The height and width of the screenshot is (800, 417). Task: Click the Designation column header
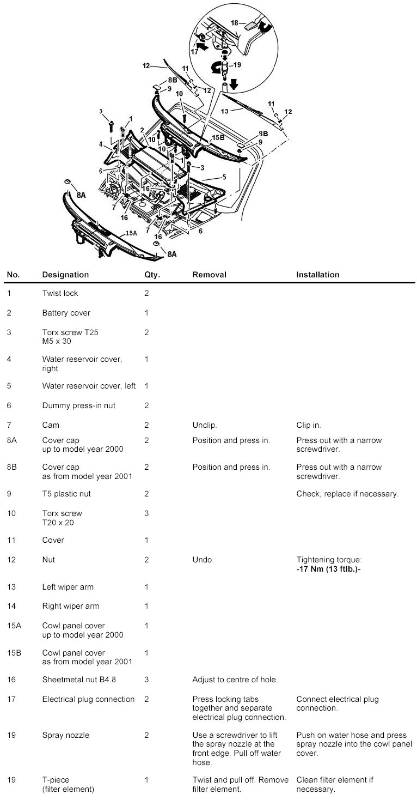tap(65, 275)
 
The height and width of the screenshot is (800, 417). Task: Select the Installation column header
tap(317, 275)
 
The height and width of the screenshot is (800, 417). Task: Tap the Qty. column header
tap(152, 275)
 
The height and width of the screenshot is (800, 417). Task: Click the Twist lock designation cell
tap(60, 293)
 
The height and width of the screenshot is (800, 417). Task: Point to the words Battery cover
tap(66, 313)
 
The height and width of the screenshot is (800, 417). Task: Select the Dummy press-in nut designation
tap(78, 405)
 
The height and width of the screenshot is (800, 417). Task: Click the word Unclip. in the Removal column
tap(205, 425)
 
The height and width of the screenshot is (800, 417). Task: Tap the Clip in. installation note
tap(308, 425)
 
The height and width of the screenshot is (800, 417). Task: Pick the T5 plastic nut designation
tap(66, 494)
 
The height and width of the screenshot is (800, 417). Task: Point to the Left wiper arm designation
tap(68, 587)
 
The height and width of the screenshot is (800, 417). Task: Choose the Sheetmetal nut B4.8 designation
tap(79, 680)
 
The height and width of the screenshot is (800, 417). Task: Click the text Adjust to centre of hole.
tap(235, 680)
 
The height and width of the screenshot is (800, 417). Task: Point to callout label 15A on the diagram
tap(131, 233)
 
